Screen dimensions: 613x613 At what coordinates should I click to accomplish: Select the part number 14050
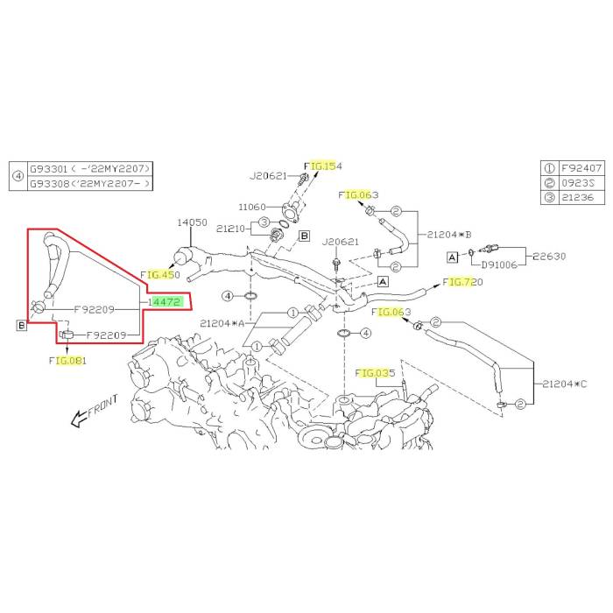193,222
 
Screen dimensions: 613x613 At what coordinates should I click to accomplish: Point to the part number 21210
231,229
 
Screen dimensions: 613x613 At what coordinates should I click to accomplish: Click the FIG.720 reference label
463,282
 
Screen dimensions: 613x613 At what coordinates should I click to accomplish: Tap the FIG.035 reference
376,374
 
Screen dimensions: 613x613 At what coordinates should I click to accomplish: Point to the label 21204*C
564,384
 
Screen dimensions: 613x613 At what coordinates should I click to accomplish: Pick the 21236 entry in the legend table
577,198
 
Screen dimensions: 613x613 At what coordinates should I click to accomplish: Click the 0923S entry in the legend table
577,183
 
